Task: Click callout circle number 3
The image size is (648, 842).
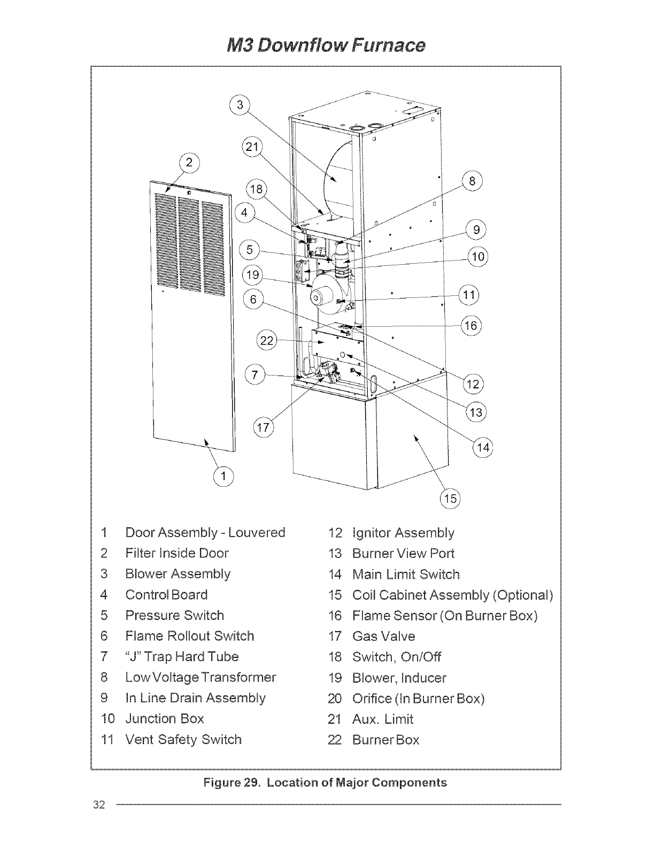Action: pyautogui.click(x=240, y=105)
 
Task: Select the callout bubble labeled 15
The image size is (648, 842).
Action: pyautogui.click(x=450, y=499)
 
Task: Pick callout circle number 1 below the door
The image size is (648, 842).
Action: pyautogui.click(x=223, y=476)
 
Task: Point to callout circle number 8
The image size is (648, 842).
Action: pyautogui.click(x=472, y=181)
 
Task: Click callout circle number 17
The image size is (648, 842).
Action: pyautogui.click(x=263, y=427)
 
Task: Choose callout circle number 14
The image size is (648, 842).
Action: pyautogui.click(x=483, y=447)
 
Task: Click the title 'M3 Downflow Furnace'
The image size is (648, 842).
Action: pyautogui.click(x=323, y=44)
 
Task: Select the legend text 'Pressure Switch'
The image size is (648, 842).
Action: pyautogui.click(x=174, y=615)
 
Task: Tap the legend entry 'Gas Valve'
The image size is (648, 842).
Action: pyautogui.click(x=383, y=636)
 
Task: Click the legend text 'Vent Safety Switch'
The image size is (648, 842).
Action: pyautogui.click(x=183, y=739)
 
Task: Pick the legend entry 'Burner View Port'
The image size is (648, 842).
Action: pyautogui.click(x=403, y=553)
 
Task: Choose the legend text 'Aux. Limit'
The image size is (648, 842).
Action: pyautogui.click(x=382, y=719)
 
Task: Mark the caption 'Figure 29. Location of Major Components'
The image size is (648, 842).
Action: pyautogui.click(x=325, y=783)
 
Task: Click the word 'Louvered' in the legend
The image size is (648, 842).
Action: pyautogui.click(x=257, y=532)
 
